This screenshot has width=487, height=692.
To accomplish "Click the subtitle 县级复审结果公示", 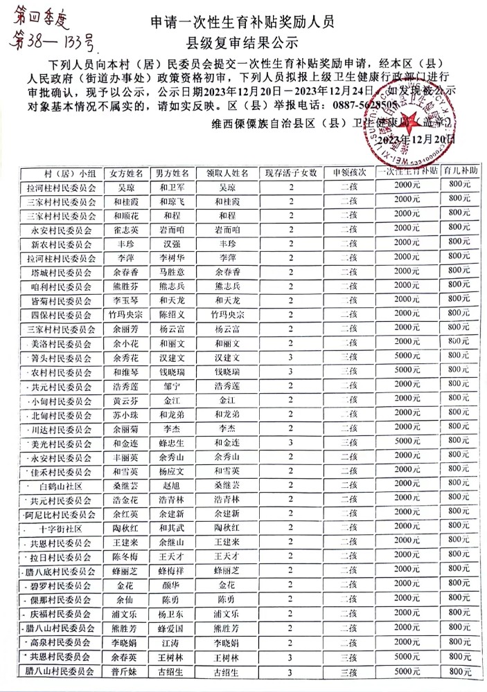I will (x=242, y=41).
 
